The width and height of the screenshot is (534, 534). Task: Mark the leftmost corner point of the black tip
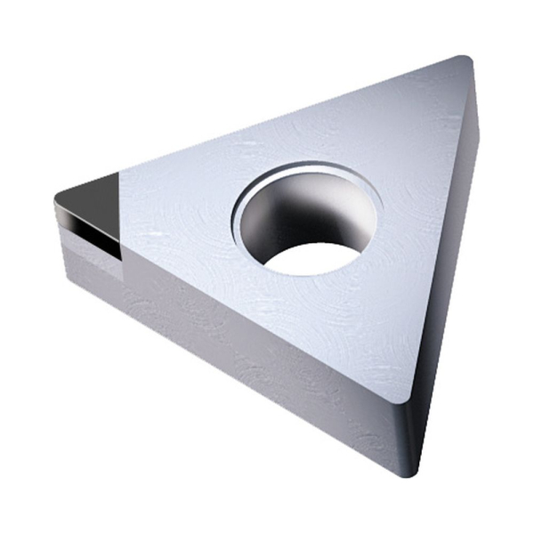(56, 198)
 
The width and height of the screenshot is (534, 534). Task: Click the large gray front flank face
(240, 356)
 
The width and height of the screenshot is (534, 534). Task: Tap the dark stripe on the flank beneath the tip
(89, 233)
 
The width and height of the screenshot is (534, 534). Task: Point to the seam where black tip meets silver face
(120, 214)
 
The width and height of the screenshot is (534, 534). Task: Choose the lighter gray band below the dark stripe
(89, 263)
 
